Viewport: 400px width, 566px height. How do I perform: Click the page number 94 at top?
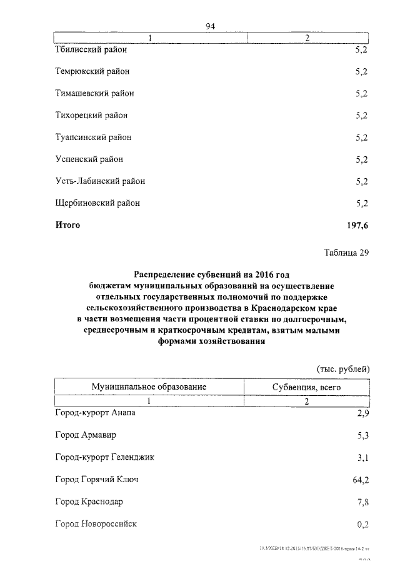pos(210,26)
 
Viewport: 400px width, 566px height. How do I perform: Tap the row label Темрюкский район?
pos(92,71)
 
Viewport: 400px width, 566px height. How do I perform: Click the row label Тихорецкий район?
pos(91,115)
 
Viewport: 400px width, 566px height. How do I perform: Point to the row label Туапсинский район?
pos(93,137)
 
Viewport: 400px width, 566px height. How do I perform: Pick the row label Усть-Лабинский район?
pos(100,181)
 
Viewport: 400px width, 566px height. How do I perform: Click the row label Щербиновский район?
pos(97,203)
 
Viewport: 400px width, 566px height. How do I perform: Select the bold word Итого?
pos(67,225)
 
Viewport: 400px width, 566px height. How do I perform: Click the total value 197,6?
pos(357,225)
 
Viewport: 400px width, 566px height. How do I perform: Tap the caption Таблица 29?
pos(347,253)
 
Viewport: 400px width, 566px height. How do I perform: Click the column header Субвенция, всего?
pos(306,387)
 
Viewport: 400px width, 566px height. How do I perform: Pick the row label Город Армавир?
pos(86,435)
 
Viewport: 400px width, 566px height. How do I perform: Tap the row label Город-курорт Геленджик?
pos(104,457)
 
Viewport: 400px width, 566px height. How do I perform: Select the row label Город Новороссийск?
pos(96,523)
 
